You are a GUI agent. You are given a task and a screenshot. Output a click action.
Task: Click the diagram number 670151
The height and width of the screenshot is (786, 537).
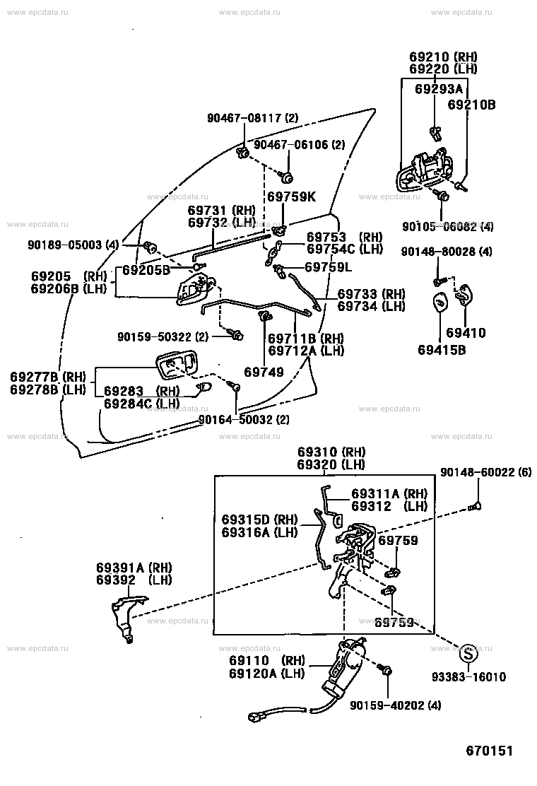coord(489,750)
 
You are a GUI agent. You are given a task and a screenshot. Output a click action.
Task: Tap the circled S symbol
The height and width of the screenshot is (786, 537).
coord(469,651)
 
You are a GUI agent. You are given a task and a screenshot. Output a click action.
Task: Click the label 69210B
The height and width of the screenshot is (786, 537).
coord(472,105)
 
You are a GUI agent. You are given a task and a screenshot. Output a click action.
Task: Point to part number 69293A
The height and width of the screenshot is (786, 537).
coord(439,89)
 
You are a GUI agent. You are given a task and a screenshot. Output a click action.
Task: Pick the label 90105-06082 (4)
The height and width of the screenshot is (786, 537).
coord(448,226)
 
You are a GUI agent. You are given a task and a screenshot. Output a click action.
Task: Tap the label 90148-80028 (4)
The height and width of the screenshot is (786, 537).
coord(447,252)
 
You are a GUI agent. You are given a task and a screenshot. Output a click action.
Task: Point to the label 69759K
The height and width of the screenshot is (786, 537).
coord(291,196)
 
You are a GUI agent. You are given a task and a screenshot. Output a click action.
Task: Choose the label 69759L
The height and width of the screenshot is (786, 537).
coord(329,267)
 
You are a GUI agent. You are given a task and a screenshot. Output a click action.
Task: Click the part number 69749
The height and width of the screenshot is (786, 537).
coord(264,371)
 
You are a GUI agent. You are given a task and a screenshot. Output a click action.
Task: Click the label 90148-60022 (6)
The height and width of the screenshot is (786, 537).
coord(485,472)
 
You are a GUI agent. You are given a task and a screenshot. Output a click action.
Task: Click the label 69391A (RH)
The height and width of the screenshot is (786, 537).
coord(134,568)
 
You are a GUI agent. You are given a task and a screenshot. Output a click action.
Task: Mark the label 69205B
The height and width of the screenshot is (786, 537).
coord(147,270)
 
